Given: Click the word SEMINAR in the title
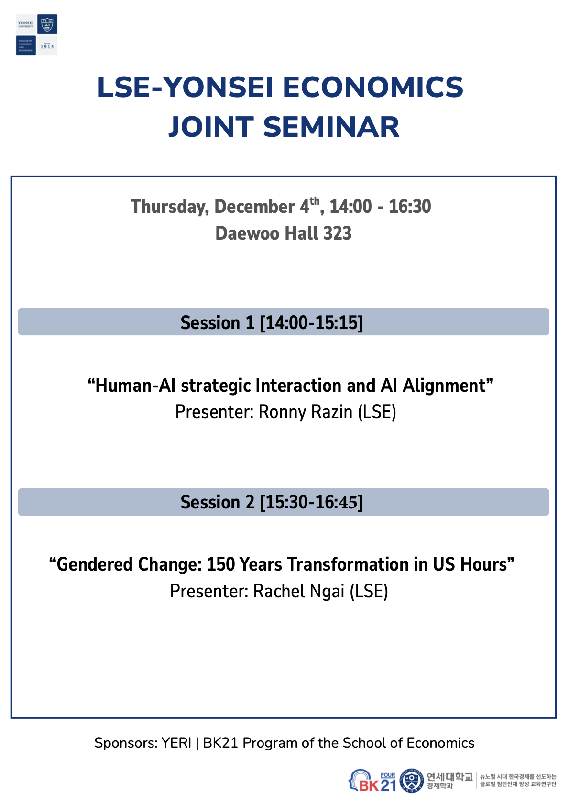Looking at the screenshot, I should click(331, 127).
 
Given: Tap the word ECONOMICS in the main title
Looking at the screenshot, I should click(373, 88).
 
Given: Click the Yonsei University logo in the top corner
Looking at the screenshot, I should click(37, 35).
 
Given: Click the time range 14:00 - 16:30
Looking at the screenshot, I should click(380, 207).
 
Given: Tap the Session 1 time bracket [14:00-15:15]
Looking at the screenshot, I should click(311, 323).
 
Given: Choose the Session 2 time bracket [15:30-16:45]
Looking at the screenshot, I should click(311, 502).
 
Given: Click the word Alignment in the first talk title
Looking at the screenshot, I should click(444, 386).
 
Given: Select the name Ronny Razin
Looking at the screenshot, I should click(305, 412).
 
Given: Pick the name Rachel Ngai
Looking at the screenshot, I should click(299, 591).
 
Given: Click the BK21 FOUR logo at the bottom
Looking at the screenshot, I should click(372, 781).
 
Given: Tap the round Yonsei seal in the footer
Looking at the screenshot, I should click(411, 781).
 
